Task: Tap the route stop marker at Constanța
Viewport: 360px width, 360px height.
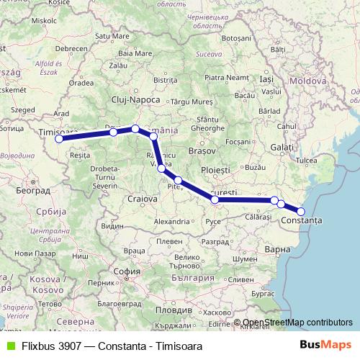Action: [301, 211]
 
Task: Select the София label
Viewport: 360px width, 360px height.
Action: [127, 272]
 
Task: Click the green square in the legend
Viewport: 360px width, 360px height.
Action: [8, 346]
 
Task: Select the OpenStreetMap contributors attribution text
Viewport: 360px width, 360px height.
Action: [297, 323]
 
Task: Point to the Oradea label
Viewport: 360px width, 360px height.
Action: [82, 82]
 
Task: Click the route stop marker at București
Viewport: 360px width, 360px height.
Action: [215, 199]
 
